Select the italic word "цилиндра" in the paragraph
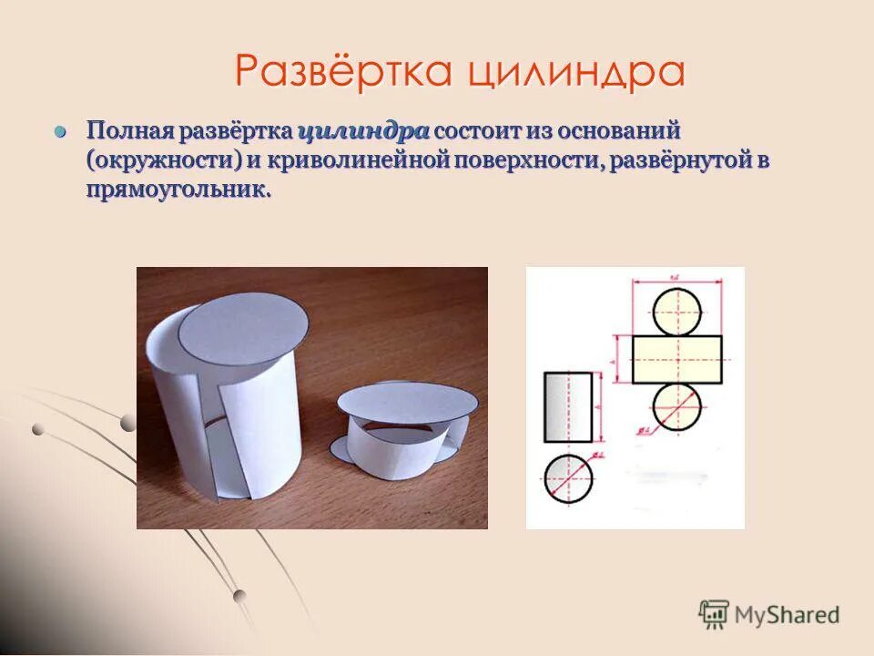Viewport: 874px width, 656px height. coord(363,130)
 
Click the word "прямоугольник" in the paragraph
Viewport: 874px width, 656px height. coord(178,190)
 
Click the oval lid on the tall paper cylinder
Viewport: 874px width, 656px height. coord(242,329)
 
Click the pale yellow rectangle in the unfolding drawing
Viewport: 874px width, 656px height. coord(676,358)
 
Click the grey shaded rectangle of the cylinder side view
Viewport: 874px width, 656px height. coord(568,406)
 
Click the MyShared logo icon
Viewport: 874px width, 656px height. coord(714,614)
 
